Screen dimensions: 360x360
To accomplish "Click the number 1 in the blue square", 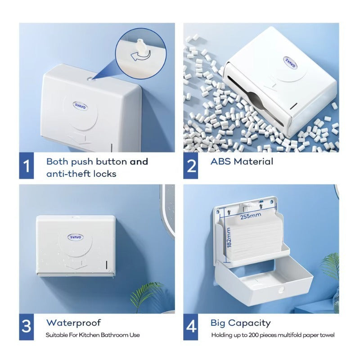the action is [27, 166].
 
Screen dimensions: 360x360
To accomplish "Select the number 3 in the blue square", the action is [27, 326].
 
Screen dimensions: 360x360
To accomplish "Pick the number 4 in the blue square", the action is [191, 326].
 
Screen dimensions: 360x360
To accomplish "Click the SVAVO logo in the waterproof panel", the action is [76, 237].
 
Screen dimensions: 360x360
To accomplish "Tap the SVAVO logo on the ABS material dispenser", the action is [290, 63].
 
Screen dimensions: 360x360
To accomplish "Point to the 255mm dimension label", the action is [251, 216].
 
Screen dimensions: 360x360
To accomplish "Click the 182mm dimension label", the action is [229, 238].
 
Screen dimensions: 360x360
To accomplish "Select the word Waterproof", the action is [73, 323].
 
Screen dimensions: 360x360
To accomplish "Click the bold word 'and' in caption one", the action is [139, 162].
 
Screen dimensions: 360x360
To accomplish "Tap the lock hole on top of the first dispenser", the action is [90, 79].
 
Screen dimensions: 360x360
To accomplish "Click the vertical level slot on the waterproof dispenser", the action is [107, 265].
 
